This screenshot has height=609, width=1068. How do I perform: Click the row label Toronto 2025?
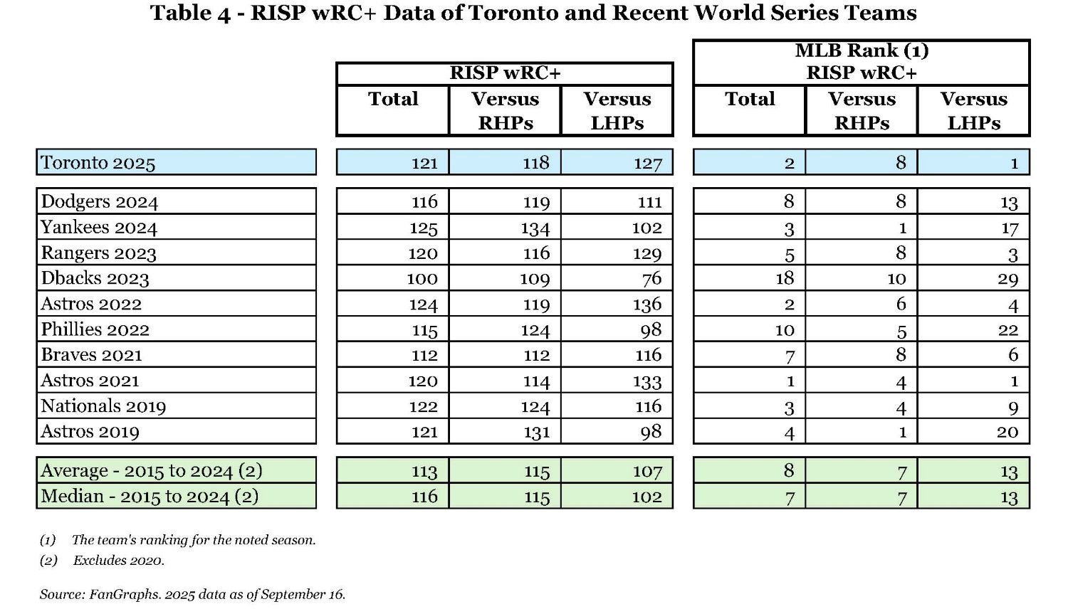coord(98,163)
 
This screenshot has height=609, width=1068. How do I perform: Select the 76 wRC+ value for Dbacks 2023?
coord(651,278)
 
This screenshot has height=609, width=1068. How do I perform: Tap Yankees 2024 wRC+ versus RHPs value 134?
coord(535,228)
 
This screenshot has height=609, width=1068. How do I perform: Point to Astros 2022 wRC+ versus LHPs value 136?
coord(646,304)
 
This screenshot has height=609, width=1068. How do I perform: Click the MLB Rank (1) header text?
coord(861,51)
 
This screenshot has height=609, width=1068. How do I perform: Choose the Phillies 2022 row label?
coord(95,329)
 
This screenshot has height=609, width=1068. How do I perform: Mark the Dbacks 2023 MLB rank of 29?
coord(1007,279)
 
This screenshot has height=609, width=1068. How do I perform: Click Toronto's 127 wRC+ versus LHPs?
coord(647,163)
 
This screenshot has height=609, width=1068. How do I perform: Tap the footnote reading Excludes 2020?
coord(118,561)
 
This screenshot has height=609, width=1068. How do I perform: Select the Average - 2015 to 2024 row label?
coord(152,471)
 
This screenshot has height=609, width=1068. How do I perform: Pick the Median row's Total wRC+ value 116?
coord(424,497)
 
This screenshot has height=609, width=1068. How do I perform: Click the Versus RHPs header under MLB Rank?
coord(862,110)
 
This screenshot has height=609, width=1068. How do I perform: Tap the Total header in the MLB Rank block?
coord(749,99)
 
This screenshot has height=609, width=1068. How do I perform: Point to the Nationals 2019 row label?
coord(103,406)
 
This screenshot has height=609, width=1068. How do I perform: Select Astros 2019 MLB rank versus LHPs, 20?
coord(1007,432)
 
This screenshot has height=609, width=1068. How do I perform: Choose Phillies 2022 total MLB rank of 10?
coord(785,330)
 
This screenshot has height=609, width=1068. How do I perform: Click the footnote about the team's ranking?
coord(193,540)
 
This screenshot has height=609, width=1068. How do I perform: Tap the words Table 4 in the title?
coord(190,13)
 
